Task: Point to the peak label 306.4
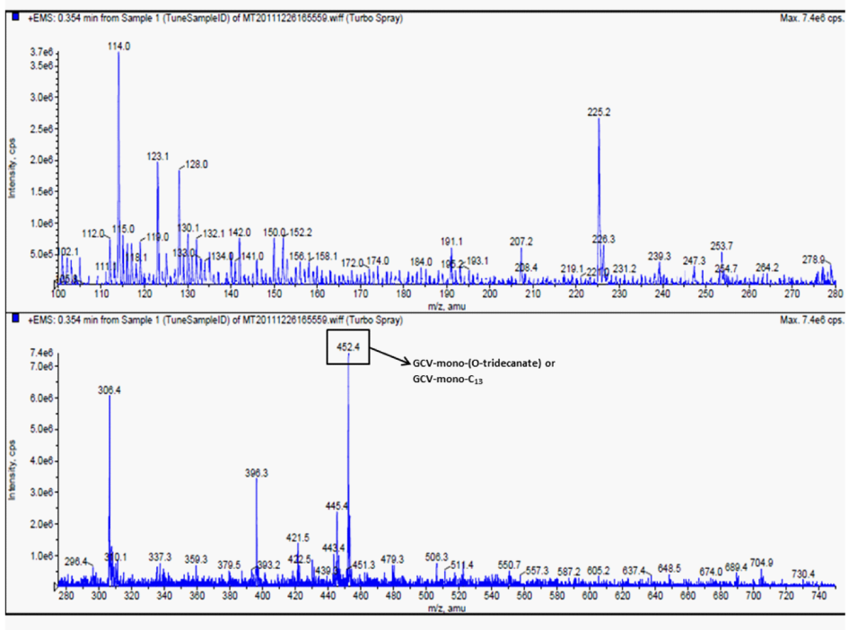pyautogui.click(x=109, y=390)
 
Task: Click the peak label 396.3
pyautogui.click(x=257, y=472)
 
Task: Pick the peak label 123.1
pyautogui.click(x=158, y=156)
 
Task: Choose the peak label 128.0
pyautogui.click(x=196, y=165)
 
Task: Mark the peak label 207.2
pyautogui.click(x=521, y=241)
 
